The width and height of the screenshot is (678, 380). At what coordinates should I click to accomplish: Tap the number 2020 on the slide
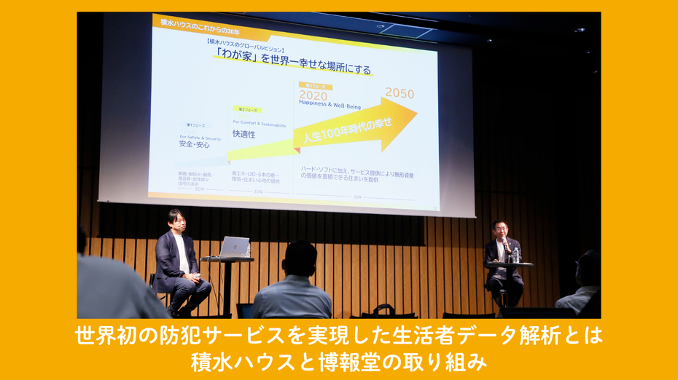coord(313,95)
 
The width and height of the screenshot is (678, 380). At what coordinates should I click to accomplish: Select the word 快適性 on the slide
coord(243,134)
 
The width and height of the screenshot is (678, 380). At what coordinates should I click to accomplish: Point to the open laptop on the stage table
coord(233,248)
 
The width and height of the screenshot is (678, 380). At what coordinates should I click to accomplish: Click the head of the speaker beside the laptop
coord(174,219)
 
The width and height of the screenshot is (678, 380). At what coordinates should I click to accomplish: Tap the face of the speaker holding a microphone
coord(499,229)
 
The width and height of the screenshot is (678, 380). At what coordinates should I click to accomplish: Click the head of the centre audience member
coord(300,258)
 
